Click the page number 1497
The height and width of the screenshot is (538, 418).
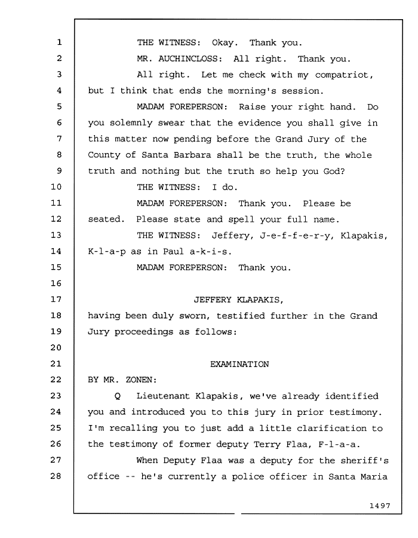pyautogui.click(x=380, y=506)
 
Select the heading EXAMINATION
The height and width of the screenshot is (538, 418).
pyautogui.click(x=239, y=364)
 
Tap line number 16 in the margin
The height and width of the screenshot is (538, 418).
pyautogui.click(x=56, y=283)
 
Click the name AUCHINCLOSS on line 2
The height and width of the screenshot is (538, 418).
pyautogui.click(x=190, y=59)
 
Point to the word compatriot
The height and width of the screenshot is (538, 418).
pyautogui.click(x=343, y=75)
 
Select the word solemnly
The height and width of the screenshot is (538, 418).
pyautogui.click(x=131, y=123)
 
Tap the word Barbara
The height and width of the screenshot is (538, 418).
pyautogui.click(x=192, y=155)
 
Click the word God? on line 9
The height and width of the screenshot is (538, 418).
pyautogui.click(x=334, y=171)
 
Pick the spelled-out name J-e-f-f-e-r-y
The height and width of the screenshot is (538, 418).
pyautogui.click(x=297, y=236)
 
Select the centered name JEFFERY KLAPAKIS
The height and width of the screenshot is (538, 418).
pyautogui.click(x=238, y=300)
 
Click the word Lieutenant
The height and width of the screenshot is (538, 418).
pyautogui.click(x=163, y=396)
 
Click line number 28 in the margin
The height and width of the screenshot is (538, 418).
pyautogui.click(x=56, y=476)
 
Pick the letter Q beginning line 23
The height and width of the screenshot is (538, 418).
pyautogui.click(x=118, y=397)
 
